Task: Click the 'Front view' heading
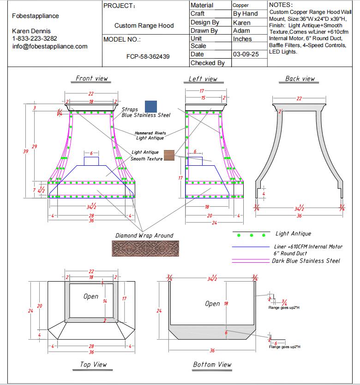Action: [x=92, y=78]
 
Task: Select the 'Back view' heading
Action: [x=300, y=78]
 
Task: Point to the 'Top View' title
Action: [x=93, y=365]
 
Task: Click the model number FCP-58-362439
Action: [x=148, y=57]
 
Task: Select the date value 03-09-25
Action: [x=246, y=54]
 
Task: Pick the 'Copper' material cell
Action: [x=240, y=5]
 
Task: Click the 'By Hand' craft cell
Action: [x=245, y=14]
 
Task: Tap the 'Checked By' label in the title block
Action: [x=207, y=63]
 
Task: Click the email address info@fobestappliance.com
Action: [x=49, y=46]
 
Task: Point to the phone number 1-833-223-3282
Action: [x=35, y=38]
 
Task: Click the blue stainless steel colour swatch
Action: [x=150, y=106]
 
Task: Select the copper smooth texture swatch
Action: [x=169, y=156]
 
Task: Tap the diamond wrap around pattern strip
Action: [x=145, y=248]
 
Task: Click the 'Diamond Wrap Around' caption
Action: [x=144, y=235]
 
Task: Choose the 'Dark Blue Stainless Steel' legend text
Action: [x=306, y=261]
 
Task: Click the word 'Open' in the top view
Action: [x=91, y=296]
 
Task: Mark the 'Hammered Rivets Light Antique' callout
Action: [x=150, y=135]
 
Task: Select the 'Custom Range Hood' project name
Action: [x=144, y=26]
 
